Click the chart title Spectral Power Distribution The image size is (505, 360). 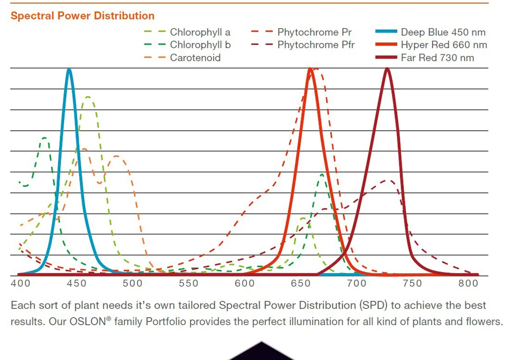(83, 16)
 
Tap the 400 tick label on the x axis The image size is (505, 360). (20, 283)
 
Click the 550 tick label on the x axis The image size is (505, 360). (188, 283)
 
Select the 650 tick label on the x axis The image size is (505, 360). (300, 283)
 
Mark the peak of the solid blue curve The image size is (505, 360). (69, 69)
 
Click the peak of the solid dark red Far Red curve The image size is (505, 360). (387, 68)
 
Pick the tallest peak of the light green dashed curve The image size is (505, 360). (87, 97)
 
